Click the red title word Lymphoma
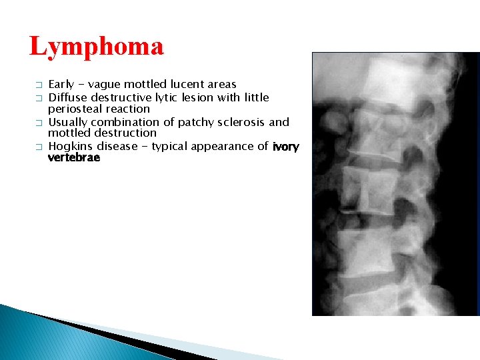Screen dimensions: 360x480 (97, 47)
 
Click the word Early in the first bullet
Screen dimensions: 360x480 (61, 85)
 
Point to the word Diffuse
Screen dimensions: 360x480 (67, 97)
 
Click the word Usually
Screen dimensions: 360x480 (68, 122)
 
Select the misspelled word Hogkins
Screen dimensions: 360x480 (71, 146)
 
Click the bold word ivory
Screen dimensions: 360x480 (286, 147)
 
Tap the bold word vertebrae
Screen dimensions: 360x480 (74, 158)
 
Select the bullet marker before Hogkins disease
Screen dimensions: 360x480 (39, 147)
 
